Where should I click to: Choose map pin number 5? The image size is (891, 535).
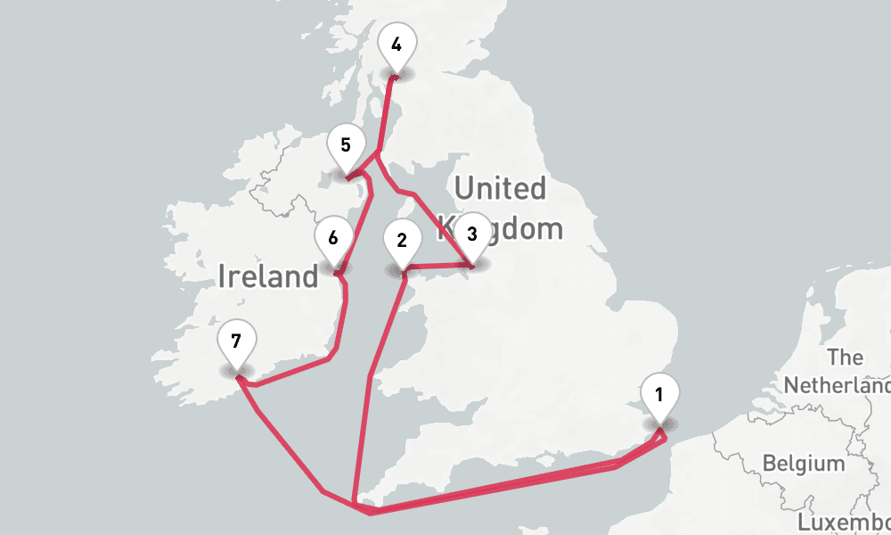[346, 147]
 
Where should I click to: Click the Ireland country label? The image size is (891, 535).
[267, 276]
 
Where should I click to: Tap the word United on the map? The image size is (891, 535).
[500, 189]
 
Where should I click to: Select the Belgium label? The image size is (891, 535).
[803, 464]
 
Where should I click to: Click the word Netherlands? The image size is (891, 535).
[836, 386]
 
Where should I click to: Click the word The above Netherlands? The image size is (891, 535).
[845, 358]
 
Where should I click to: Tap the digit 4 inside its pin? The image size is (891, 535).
[396, 44]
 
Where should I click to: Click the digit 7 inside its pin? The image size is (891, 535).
[236, 341]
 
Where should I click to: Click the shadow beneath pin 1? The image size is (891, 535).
[659, 424]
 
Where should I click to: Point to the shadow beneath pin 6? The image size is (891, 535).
[334, 267]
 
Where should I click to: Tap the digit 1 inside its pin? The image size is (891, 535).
[658, 393]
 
